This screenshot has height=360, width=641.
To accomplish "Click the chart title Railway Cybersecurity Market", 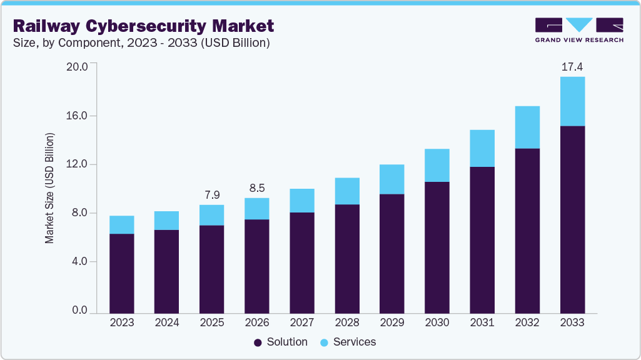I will pos(143,26).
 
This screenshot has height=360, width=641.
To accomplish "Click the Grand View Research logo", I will pos(579,30).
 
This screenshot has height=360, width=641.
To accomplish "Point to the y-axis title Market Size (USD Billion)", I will pos(49,188).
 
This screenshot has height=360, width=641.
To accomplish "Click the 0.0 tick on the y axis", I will pos(79,311).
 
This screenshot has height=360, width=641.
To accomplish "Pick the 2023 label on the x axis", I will pos(122,322).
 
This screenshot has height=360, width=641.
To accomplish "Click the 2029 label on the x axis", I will pos(392,322).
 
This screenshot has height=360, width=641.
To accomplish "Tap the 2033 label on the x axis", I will pos(572,322).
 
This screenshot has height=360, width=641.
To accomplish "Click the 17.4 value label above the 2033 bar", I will pos(572,66).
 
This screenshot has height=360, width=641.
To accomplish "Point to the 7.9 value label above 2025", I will pos(212,194).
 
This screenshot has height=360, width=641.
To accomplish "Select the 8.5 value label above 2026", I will pos(257,187).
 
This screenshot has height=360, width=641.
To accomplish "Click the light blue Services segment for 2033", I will pos(572,101).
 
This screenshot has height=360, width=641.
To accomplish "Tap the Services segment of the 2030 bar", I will pos(437,165).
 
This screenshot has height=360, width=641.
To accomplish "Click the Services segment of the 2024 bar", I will pos(167,221).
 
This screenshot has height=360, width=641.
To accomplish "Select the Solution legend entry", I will pos(281,342).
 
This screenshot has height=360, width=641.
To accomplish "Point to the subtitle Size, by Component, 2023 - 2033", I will pos(141,43).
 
